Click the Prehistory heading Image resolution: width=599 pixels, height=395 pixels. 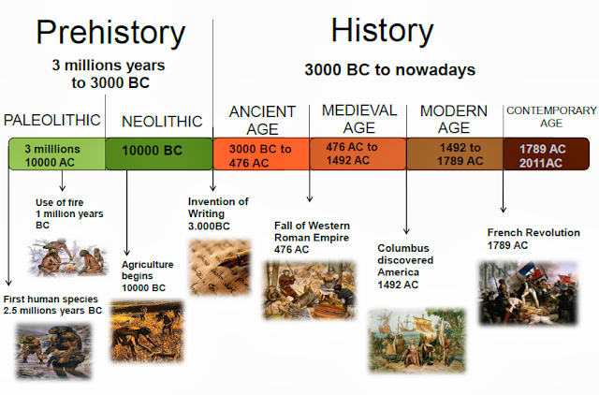point(110,34)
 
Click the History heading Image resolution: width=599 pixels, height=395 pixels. point(383,31)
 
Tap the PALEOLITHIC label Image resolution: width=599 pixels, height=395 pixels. point(52,120)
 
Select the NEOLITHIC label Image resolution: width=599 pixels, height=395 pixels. point(162,122)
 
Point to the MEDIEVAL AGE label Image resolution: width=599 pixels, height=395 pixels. point(359,119)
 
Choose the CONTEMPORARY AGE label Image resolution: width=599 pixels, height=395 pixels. point(551,116)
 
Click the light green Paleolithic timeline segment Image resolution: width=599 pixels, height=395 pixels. point(57,154)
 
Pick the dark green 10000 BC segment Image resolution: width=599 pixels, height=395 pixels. point(159,154)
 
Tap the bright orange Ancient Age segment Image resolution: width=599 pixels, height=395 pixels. point(261,154)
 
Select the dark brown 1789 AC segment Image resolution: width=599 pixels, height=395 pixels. point(547,154)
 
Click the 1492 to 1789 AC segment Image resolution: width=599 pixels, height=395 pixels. point(455,154)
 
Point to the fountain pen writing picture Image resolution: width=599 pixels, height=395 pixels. point(221,268)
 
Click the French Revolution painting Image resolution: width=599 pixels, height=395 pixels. point(528,293)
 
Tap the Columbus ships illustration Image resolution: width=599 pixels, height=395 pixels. point(417,340)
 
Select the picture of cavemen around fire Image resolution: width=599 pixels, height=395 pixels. point(67,256)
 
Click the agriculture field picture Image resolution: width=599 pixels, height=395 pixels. point(147,331)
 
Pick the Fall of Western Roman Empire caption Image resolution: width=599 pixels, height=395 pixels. point(312,237)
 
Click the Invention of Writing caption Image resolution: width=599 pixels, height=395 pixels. point(218,213)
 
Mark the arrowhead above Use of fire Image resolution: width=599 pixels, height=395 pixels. point(63,187)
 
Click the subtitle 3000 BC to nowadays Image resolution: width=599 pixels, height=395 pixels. point(389,70)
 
